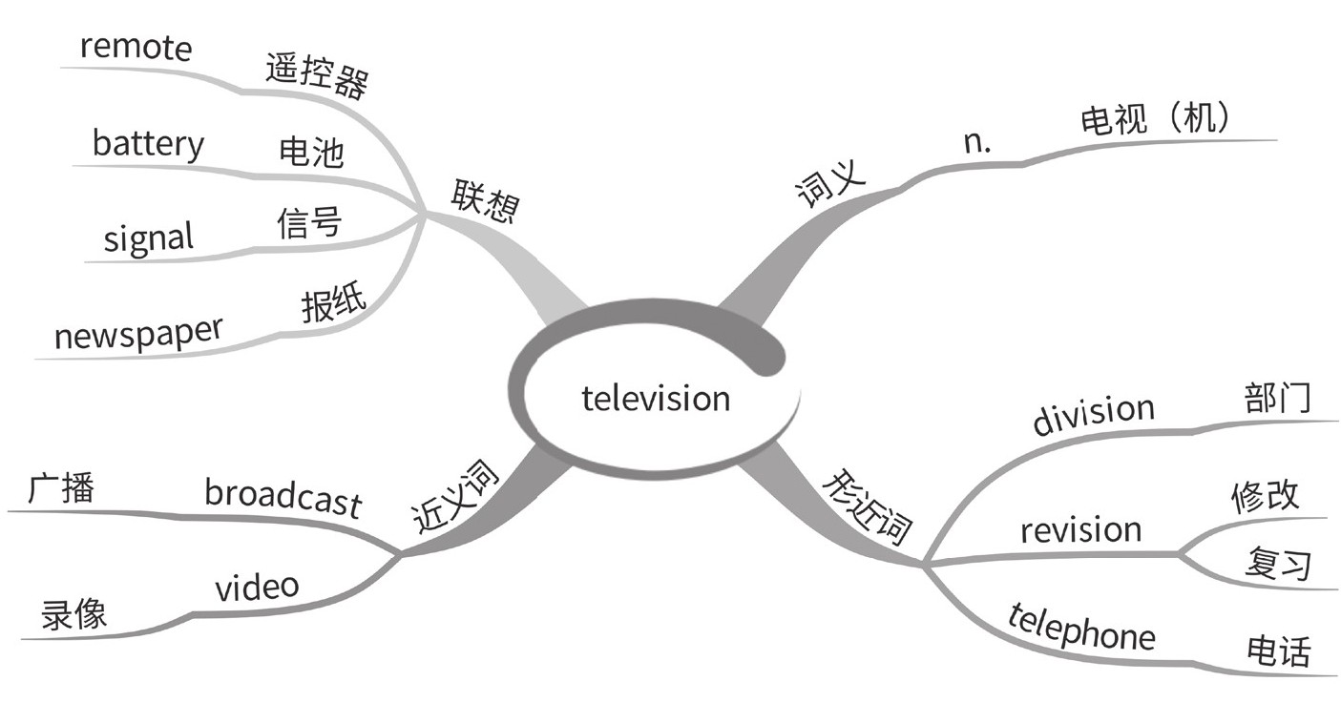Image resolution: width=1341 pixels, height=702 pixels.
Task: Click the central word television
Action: tap(656, 398)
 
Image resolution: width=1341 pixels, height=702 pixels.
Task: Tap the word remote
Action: tap(136, 48)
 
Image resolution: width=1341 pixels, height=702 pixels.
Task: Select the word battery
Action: tap(148, 143)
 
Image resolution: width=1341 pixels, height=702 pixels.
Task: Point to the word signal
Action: tap(148, 237)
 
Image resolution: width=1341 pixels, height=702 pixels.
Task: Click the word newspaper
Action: tap(137, 333)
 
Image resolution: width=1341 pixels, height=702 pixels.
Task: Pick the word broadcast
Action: tap(283, 496)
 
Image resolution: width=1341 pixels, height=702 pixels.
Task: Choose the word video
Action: tap(257, 588)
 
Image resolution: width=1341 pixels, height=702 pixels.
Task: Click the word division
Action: tap(1093, 414)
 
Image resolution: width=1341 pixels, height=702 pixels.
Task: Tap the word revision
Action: tap(1080, 529)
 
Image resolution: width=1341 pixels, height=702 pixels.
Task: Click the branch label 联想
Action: tap(484, 200)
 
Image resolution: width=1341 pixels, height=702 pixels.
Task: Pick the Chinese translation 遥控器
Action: tap(316, 75)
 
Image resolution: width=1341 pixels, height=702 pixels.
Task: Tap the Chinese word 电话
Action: tap(1279, 651)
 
